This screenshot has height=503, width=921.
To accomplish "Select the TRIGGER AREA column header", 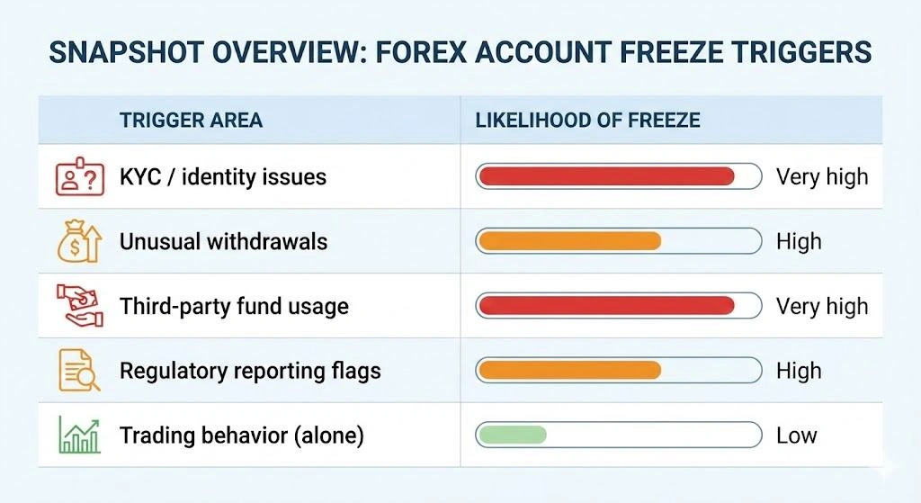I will click(x=191, y=121).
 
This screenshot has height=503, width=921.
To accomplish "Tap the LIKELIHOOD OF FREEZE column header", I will click(x=587, y=121).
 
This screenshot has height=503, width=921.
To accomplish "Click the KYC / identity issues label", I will click(x=222, y=176).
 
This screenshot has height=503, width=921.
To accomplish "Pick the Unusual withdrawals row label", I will click(x=223, y=241).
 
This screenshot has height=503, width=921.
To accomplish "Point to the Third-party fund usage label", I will click(x=234, y=306).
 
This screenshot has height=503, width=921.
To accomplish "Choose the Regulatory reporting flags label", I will click(x=250, y=371).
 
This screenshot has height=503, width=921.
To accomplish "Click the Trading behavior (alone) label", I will click(x=241, y=436).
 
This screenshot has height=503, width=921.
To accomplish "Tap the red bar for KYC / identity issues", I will click(x=606, y=176).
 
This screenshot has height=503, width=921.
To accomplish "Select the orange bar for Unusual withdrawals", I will click(x=569, y=241).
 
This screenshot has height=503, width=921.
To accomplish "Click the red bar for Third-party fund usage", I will click(x=606, y=306).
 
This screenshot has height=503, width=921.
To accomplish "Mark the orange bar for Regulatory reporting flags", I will click(x=569, y=371).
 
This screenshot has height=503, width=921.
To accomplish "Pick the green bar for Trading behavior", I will click(x=512, y=436).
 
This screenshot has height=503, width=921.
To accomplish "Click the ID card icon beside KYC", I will click(x=76, y=176).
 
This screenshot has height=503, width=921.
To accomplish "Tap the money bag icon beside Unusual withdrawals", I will click(x=76, y=241).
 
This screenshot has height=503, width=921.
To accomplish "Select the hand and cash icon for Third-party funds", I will click(x=76, y=306).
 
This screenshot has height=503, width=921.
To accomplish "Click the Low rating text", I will click(x=797, y=436).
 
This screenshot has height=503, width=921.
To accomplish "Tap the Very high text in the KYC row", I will click(x=822, y=176).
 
